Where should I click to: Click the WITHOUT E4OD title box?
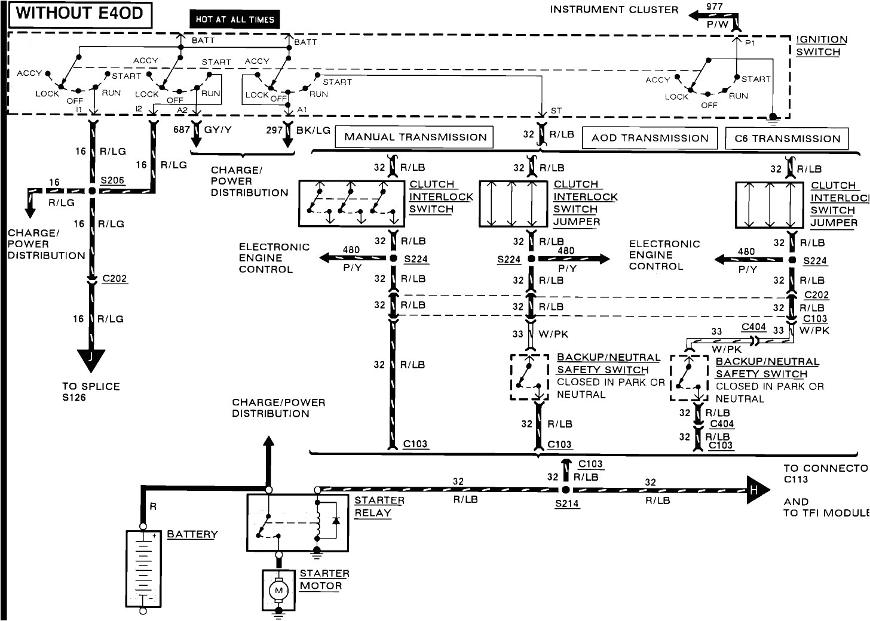coord(79,15)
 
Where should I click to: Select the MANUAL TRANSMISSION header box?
coord(415,137)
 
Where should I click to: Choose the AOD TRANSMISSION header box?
coord(650,138)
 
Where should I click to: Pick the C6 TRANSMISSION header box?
coord(787,139)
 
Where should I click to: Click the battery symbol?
coord(143,568)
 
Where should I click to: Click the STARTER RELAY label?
coord(379,506)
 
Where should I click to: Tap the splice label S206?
coord(112,180)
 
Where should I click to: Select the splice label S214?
coord(566,503)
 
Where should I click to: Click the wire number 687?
coord(182,130)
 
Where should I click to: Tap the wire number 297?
coord(274,130)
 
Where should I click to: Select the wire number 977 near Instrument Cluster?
coord(714,7)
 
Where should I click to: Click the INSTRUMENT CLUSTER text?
coord(614,10)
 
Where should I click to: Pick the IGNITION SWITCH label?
coord(821,45)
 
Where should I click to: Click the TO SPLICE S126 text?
coord(91,392)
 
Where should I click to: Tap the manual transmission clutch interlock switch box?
coord(351,204)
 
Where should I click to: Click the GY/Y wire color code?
coord(217,130)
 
